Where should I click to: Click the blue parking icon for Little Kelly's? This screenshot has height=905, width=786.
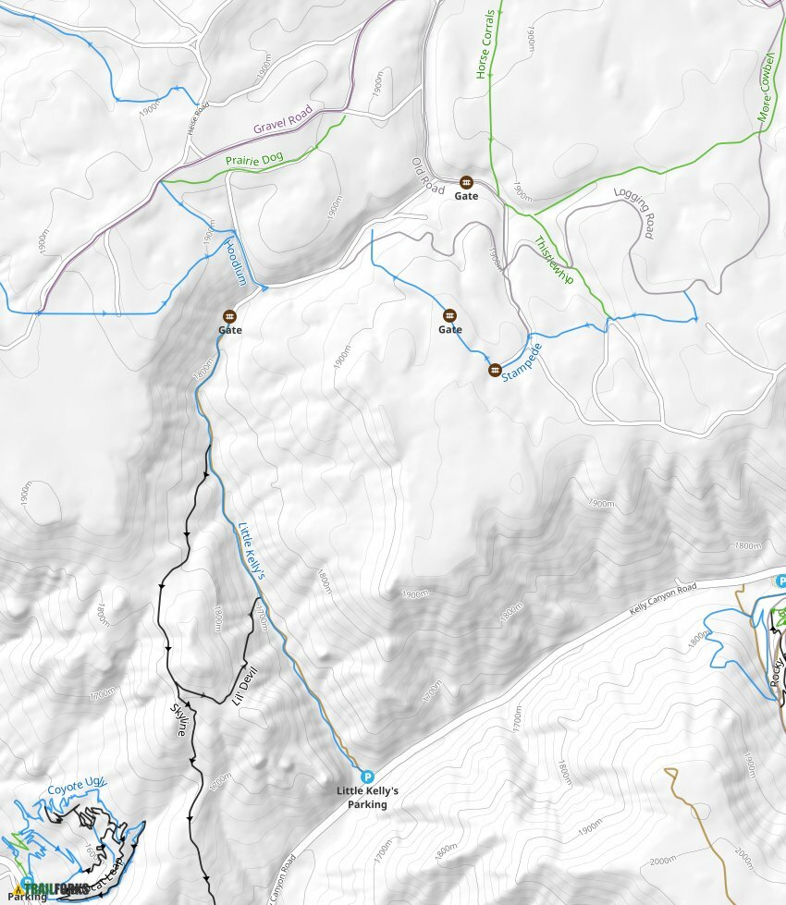(x=367, y=777)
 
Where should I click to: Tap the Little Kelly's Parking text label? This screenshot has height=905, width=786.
(x=367, y=798)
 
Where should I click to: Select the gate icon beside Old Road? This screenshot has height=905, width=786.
(x=466, y=182)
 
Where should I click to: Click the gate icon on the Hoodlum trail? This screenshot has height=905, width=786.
(x=229, y=316)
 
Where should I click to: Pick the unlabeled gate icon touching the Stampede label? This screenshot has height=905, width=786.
(x=495, y=370)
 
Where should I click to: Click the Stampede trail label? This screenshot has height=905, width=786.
(x=522, y=363)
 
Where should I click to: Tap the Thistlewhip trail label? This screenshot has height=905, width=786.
(x=554, y=261)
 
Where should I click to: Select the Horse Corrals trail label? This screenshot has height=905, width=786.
(x=484, y=44)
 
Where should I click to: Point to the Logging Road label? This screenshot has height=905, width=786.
(x=633, y=214)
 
